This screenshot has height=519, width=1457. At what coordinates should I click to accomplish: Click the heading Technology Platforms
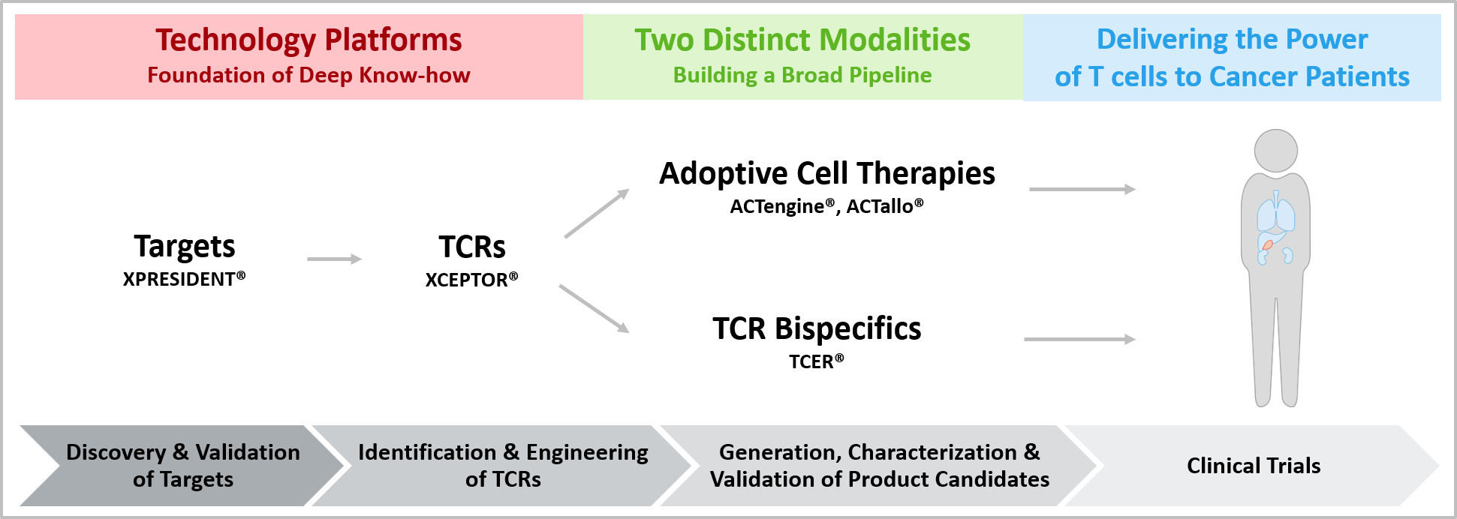(x=309, y=40)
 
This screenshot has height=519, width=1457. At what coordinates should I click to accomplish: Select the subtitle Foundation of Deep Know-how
(x=309, y=75)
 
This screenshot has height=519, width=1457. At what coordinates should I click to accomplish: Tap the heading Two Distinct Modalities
(x=802, y=40)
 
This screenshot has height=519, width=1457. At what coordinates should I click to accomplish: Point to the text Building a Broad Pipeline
(x=802, y=75)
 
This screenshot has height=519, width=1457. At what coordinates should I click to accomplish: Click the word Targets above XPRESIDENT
(x=185, y=247)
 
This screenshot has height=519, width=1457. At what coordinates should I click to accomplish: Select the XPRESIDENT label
(x=184, y=279)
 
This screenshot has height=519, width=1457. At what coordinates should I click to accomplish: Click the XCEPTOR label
(x=471, y=280)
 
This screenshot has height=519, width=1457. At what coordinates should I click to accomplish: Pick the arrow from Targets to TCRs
(x=335, y=259)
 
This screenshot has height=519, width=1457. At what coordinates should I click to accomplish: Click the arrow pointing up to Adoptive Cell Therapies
(x=597, y=213)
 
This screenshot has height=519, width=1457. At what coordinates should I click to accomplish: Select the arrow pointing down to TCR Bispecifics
(x=595, y=308)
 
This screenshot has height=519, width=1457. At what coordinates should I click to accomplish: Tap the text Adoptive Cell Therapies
(x=827, y=173)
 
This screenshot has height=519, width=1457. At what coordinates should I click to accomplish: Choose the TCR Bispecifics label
(x=817, y=328)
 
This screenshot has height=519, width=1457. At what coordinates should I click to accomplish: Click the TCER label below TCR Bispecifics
(x=817, y=361)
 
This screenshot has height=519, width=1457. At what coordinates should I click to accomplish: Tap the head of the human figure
(x=1275, y=151)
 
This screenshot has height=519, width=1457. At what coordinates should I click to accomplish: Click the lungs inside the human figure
(x=1276, y=211)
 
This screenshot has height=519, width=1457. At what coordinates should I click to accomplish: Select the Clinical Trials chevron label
(x=1254, y=466)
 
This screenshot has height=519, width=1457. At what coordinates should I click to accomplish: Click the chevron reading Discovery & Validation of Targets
(x=182, y=466)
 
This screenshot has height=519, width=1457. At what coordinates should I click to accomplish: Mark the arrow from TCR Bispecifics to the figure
(x=1080, y=340)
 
